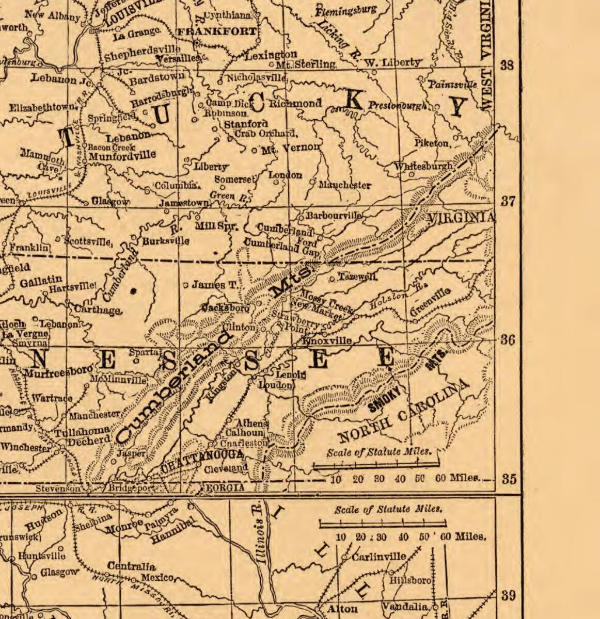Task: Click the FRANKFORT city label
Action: pos(216,32)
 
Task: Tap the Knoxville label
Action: pos(327,341)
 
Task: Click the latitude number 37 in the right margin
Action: pos(508,201)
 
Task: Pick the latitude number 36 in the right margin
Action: pos(508,340)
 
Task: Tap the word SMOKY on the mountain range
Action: pos(385,400)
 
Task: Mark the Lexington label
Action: pos(271,55)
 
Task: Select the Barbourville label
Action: pos(334,216)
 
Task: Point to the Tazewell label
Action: pos(357,277)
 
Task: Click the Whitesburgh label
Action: pos(424,167)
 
